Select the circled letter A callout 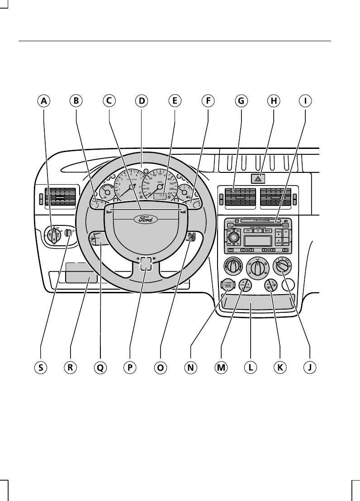(x=43, y=101)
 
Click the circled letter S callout (x=40, y=367)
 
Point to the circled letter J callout (x=309, y=367)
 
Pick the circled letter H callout (x=273, y=101)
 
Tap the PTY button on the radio (x=248, y=231)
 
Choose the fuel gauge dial (x=184, y=193)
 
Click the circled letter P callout (x=130, y=367)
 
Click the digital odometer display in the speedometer (x=159, y=196)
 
